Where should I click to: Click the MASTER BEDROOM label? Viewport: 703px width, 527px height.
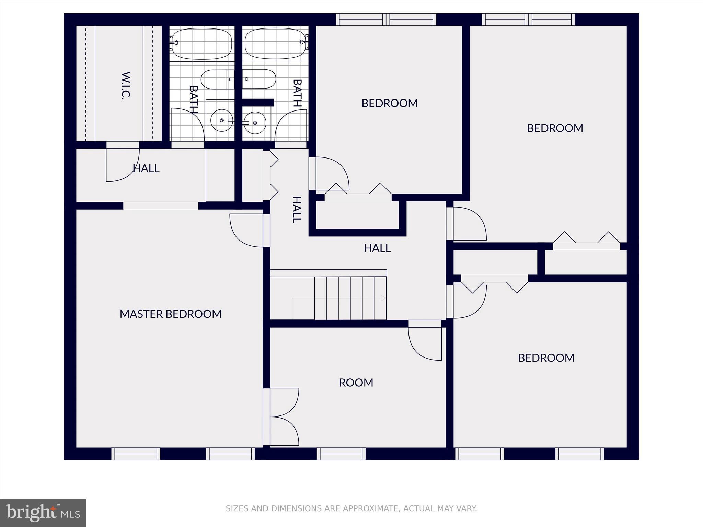pos(171,314)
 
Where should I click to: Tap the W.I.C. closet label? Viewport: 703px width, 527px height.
pos(126,86)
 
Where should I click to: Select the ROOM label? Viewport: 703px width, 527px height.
pos(356,383)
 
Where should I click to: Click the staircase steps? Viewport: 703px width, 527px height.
pos(350,298)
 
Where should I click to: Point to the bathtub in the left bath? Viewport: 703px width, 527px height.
pos(201,44)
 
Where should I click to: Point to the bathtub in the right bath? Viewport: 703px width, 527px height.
pos(275,44)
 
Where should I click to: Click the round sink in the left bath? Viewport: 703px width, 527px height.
pos(221,120)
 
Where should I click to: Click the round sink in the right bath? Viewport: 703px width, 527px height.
pos(255,123)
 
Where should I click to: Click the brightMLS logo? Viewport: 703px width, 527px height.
pos(43,513)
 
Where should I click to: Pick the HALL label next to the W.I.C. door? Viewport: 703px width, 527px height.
pos(146,168)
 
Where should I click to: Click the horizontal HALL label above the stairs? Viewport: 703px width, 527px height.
pos(377,248)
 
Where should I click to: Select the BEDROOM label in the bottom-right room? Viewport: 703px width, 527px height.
pos(546,358)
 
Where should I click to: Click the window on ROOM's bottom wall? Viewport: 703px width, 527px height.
pos(341,454)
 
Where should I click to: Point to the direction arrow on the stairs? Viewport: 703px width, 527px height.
pos(383,298)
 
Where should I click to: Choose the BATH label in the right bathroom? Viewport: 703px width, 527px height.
pos(297,93)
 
